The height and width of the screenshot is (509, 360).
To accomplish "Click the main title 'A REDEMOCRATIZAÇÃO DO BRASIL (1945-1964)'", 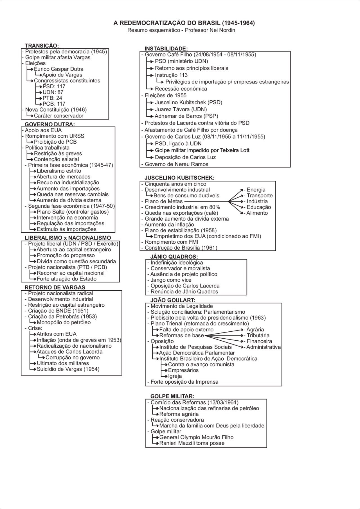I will [184, 23].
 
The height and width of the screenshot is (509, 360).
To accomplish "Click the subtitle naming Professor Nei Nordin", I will [181, 30].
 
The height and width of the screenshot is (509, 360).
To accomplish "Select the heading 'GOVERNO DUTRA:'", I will [50, 124].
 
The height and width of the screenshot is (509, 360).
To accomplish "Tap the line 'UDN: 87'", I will [53, 92].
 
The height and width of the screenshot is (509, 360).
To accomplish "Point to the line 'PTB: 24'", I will [52, 98].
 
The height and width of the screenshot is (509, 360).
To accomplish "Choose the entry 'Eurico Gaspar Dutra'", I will [58, 69].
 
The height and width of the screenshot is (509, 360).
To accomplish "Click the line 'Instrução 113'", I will [171, 75].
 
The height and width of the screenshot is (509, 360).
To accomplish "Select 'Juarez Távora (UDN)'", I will [181, 109].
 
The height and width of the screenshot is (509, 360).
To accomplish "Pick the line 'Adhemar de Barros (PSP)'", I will [186, 116].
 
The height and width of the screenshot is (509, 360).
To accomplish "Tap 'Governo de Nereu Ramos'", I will [176, 164].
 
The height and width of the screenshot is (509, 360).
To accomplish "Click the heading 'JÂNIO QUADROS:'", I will [174, 257].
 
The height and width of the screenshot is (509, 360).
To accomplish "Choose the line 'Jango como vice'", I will [171, 280].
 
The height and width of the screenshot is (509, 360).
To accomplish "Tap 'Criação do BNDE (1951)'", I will [58, 311].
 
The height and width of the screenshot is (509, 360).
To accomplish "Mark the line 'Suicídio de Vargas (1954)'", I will [68, 369].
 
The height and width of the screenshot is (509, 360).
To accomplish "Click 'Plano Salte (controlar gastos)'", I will [73, 212].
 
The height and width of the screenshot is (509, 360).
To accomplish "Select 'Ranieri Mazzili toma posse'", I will [192, 443].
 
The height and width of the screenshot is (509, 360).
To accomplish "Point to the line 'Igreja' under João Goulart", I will [175, 376].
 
